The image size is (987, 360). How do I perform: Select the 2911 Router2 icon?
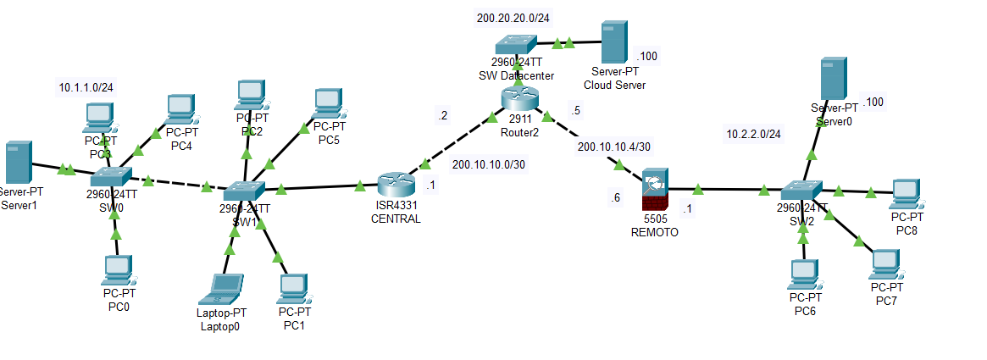[519, 98]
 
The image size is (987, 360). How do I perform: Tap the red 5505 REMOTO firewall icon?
[655, 191]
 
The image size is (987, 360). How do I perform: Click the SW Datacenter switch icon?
[516, 42]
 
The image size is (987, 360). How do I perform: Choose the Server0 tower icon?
[834, 79]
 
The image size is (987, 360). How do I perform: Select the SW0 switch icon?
[110, 176]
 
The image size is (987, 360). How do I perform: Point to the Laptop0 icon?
[224, 289]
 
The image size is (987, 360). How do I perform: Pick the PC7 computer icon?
[884, 264]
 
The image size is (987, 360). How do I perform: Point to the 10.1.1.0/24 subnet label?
[86, 87]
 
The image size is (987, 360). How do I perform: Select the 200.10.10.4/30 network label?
[613, 147]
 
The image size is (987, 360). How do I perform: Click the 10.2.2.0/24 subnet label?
[753, 134]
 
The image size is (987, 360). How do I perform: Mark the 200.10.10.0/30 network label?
[489, 164]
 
